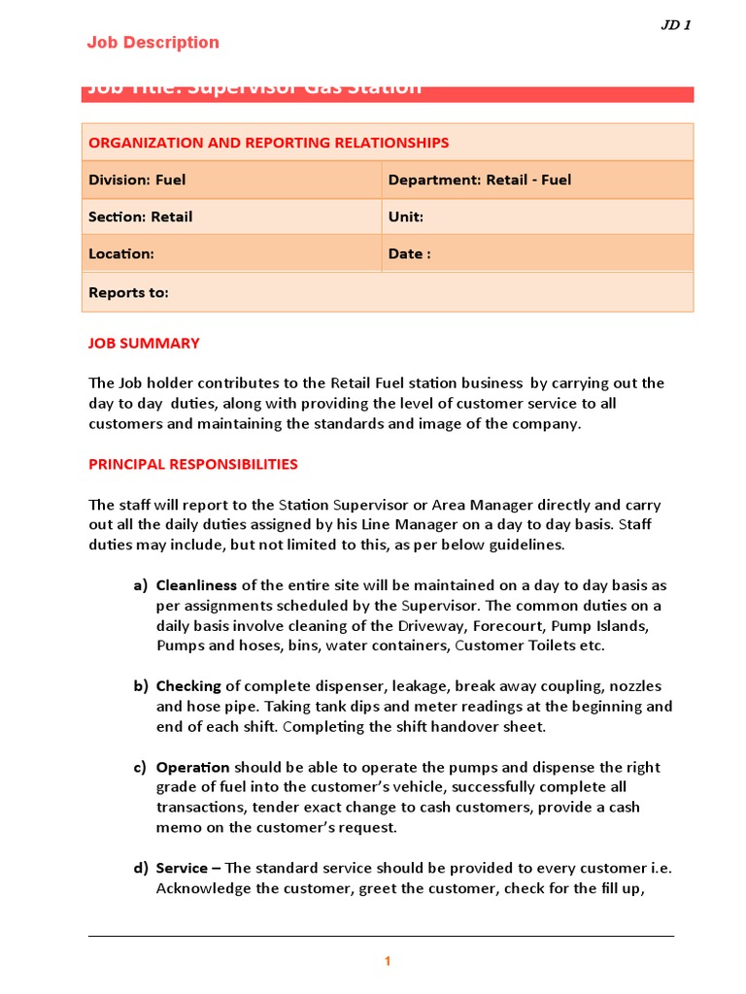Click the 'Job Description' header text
tap(153, 43)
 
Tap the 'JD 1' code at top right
tap(675, 25)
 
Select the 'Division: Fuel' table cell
tap(137, 180)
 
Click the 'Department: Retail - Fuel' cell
tap(480, 180)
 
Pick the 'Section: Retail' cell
tap(140, 216)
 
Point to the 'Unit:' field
tap(406, 216)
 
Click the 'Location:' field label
tap(121, 253)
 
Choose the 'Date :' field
tap(409, 253)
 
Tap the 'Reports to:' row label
tap(128, 292)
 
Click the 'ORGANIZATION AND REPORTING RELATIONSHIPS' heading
tap(268, 143)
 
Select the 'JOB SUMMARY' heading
tap(144, 343)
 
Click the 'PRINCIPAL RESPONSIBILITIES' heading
tap(192, 464)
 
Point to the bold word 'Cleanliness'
tap(196, 585)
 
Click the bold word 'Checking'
tap(188, 686)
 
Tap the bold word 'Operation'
tap(192, 767)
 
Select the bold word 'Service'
tap(182, 868)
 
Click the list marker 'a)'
tap(141, 585)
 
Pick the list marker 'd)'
tap(141, 868)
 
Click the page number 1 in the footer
tap(387, 961)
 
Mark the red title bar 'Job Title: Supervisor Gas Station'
tap(387, 91)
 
